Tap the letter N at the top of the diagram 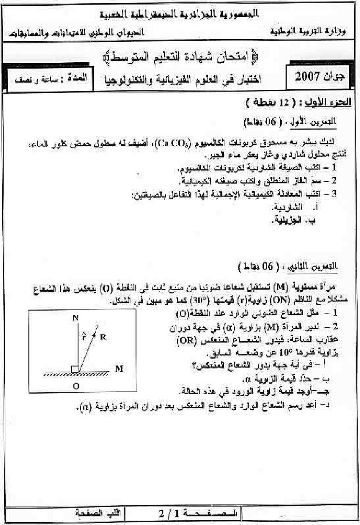[75, 318]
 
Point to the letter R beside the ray [103, 337]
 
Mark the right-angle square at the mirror [74, 370]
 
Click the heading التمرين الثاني [312, 267]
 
